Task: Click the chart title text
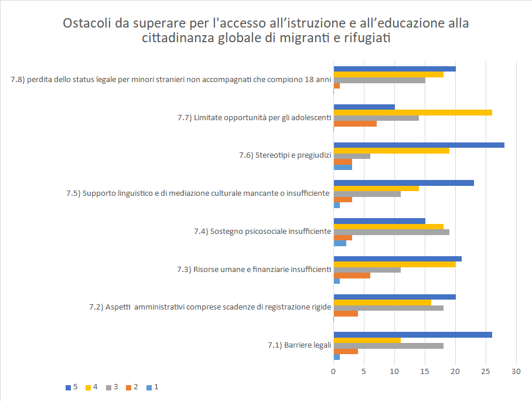click(265, 31)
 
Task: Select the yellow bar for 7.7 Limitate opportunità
click(412, 113)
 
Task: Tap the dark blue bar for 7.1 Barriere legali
click(412, 335)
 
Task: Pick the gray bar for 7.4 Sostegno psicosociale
click(391, 232)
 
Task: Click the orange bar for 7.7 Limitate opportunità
click(355, 123)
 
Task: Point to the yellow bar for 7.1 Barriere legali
click(367, 340)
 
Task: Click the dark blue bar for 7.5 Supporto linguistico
click(404, 183)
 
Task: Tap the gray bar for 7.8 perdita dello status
click(379, 80)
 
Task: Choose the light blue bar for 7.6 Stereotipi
click(343, 167)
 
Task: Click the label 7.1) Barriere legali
click(299, 345)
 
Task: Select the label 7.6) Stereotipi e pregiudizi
click(285, 155)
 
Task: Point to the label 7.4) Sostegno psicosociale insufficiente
click(262, 232)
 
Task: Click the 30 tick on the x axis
click(516, 371)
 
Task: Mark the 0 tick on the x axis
click(333, 371)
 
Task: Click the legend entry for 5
click(71, 387)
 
